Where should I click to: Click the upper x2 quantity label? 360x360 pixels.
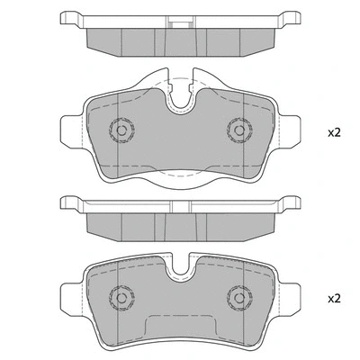coord(334,132)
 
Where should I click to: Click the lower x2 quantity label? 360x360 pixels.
coord(334,298)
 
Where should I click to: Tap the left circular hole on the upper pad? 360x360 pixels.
coord(119,130)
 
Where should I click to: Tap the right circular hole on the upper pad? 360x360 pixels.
coord(238,130)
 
